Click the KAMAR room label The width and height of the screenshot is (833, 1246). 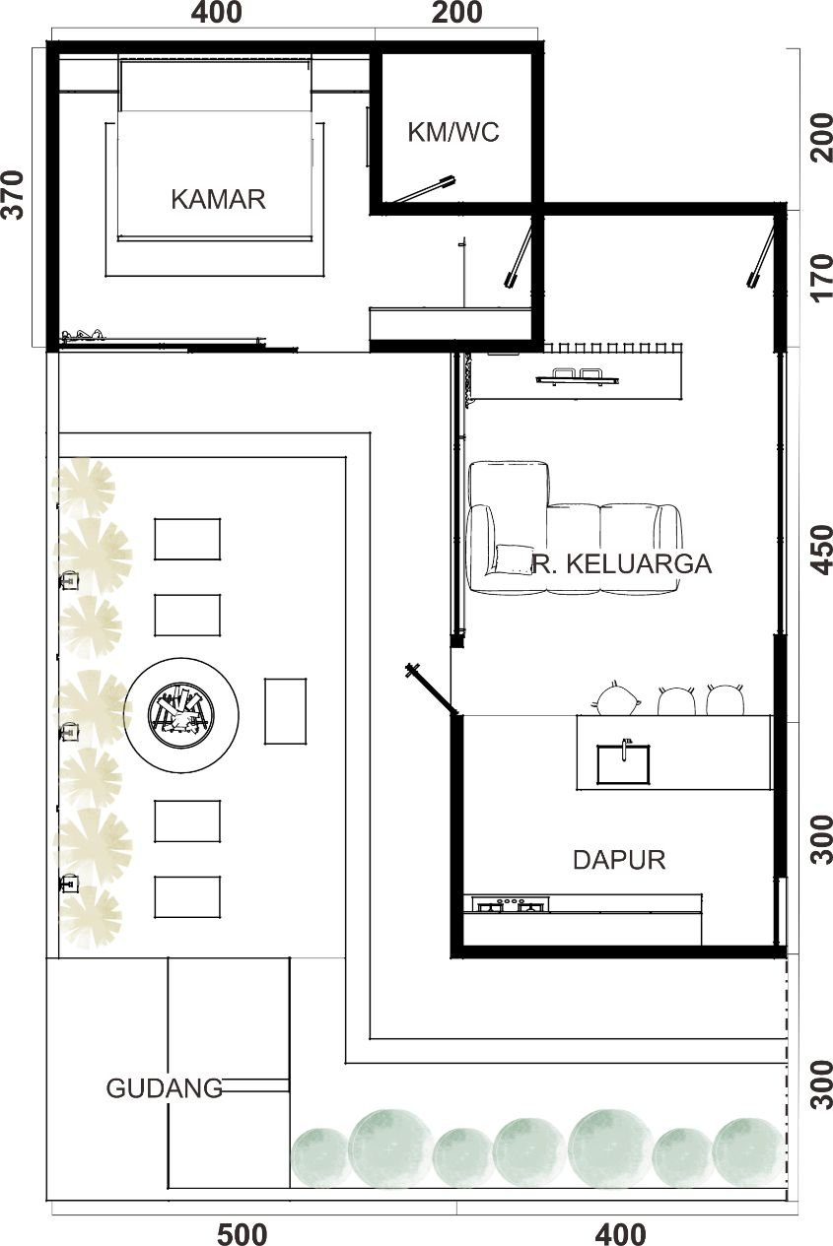pos(218,199)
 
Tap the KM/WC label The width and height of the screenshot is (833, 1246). pos(453,132)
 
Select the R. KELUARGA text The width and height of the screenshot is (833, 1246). pos(622,563)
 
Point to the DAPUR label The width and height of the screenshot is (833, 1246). pos(619,860)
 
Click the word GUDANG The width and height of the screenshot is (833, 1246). pos(165,1088)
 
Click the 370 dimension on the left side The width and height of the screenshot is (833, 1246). pos(14,195)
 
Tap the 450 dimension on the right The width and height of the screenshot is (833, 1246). pos(821,550)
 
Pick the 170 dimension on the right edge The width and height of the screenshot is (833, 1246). pos(821,278)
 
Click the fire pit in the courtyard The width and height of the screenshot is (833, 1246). pos(181,715)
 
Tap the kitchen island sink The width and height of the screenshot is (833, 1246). pos(623,763)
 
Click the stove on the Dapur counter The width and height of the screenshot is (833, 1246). pos(511,904)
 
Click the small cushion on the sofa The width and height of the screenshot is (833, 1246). pos(513,559)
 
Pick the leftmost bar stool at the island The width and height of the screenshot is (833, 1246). pos(617,698)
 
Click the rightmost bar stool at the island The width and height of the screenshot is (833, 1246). pos(726,699)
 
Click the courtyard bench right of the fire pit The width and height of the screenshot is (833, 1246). pos(285,711)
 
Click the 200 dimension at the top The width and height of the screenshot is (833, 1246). pos(456,13)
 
